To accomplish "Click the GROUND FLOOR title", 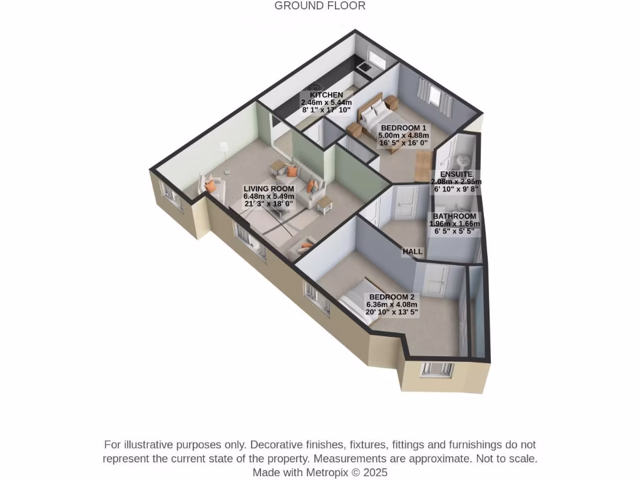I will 320,6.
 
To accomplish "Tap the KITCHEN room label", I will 326,95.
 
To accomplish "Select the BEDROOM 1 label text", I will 403,127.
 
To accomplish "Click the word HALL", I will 413,251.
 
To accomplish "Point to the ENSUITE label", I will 456,174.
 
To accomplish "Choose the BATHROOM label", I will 454,216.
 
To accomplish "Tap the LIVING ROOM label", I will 269,188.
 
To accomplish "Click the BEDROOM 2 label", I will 391,297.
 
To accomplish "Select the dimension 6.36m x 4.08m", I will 391,304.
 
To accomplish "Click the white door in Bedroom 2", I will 434,281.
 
